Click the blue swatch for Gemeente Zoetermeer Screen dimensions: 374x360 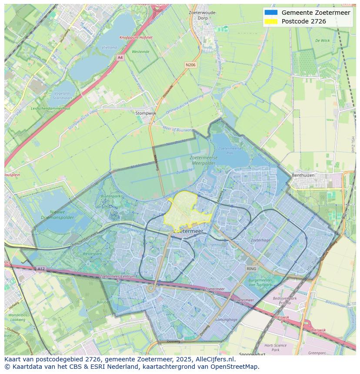(x=270, y=13)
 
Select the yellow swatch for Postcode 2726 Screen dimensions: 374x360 (x=270, y=21)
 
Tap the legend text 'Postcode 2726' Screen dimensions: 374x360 (x=303, y=21)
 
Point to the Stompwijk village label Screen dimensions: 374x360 (x=146, y=113)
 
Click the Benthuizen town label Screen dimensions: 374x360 (x=308, y=175)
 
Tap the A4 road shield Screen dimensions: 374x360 (x=120, y=57)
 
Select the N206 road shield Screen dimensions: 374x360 (x=190, y=65)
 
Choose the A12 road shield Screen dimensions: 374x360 (x=40, y=269)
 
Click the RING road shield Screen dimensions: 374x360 (x=251, y=269)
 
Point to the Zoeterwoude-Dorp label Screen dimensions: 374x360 (x=203, y=15)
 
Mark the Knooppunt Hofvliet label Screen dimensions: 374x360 (x=136, y=38)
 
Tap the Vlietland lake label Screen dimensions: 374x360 (x=109, y=47)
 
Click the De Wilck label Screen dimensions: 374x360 (x=322, y=40)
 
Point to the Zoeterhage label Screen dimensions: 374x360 (x=260, y=240)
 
